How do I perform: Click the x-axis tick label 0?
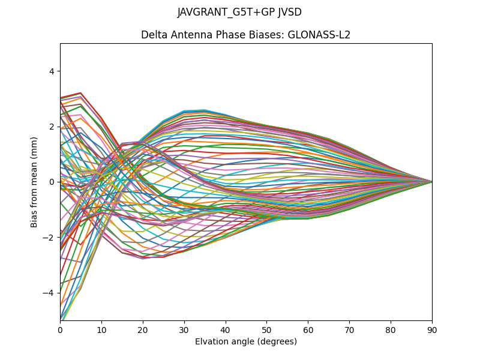tap(60, 329)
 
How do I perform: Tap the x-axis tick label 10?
tap(101, 329)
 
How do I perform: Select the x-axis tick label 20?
tap(143, 329)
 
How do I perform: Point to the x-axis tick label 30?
tap(184, 329)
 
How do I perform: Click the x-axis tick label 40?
tap(226, 329)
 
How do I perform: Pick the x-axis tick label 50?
tap(266, 329)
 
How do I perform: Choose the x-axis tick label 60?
tap(308, 329)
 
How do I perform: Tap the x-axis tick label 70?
tap(349, 329)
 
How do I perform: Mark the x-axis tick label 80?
tap(391, 329)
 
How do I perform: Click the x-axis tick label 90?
tap(432, 329)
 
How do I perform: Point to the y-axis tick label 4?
tap(52, 71)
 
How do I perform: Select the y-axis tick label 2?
tap(52, 127)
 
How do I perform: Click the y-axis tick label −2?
tap(49, 238)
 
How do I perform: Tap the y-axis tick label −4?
tap(49, 293)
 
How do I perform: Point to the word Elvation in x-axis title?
tap(212, 341)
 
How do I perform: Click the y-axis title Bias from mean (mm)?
tap(34, 181)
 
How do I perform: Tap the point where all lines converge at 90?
tap(432, 182)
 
